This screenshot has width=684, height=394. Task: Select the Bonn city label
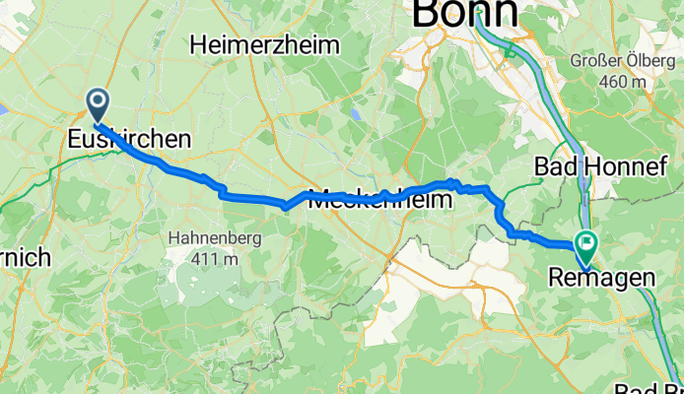[x=465, y=12]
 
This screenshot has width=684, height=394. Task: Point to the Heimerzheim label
[x=265, y=44]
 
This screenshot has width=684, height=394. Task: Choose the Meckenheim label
[x=380, y=198]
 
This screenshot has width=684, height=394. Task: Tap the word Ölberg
[x=647, y=61]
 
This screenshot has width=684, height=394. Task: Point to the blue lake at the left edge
[x=3, y=98]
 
